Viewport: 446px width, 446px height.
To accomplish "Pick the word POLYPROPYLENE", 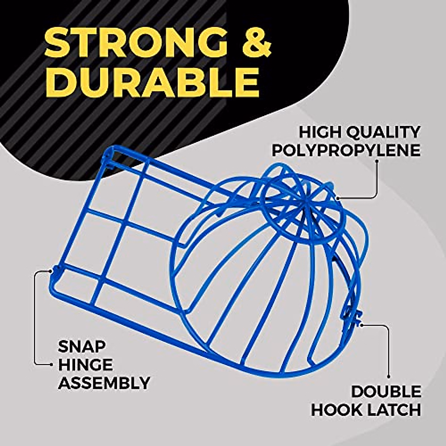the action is click(346, 150).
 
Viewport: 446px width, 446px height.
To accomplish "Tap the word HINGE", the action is click(85, 365).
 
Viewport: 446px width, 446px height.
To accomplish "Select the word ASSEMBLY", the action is click(104, 382).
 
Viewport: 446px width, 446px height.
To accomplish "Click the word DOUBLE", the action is click(386, 392).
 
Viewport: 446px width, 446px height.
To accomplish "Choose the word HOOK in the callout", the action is click(337, 410).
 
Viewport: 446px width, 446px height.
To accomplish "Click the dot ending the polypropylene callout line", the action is click(338, 198).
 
